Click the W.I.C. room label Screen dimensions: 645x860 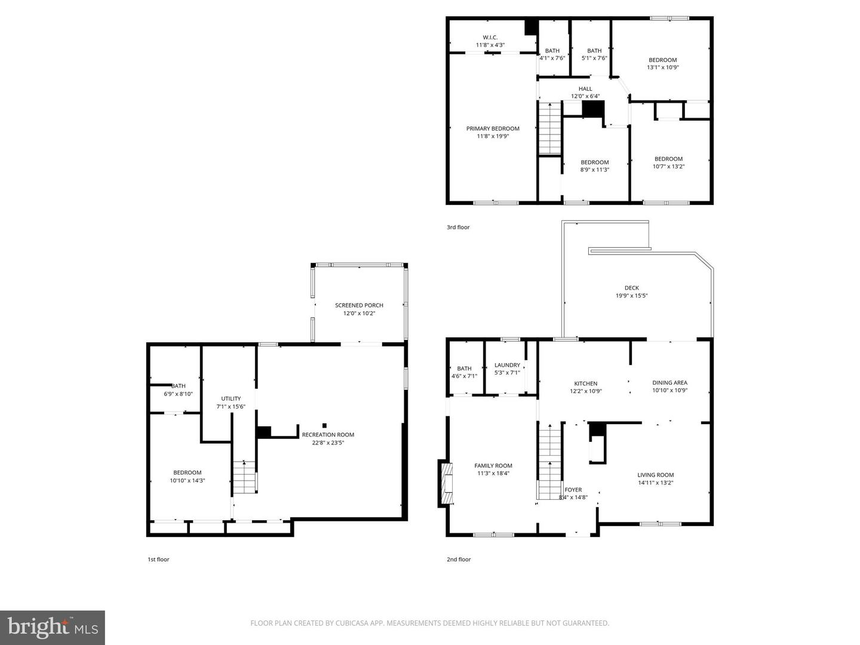pos(490,38)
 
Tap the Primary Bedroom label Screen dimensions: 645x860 pos(493,128)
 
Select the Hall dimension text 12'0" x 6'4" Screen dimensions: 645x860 pos(585,96)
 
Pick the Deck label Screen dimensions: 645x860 pos(631,288)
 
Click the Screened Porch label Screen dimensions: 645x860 pos(359,305)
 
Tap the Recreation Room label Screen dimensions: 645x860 pos(328,435)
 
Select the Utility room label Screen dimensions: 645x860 pos(231,398)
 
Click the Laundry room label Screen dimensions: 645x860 pos(507,365)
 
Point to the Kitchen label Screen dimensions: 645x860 pos(585,383)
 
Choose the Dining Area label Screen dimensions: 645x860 pos(669,383)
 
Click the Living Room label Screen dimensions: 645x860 pos(655,475)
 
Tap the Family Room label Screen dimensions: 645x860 pos(493,466)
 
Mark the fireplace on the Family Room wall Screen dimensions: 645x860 pos(445,483)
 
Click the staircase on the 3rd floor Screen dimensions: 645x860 pos(550,128)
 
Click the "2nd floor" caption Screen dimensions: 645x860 pos(459,560)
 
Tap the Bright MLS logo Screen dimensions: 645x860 pos(53,627)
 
